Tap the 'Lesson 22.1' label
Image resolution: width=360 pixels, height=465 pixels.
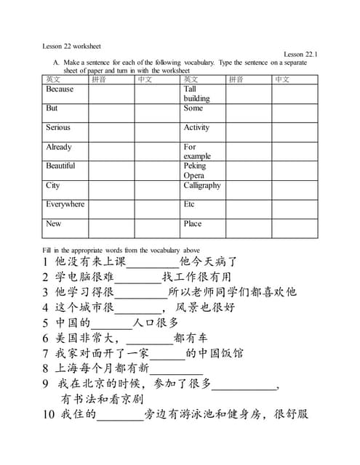pyautogui.click(x=300, y=54)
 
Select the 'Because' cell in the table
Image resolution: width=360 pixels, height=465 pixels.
pyautogui.click(x=60, y=89)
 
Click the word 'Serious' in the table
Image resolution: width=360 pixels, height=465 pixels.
pyautogui.click(x=58, y=127)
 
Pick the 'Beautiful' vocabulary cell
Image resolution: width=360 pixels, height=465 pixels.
pyautogui.click(x=60, y=166)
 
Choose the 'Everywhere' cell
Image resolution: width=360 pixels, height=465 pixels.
pyautogui.click(x=65, y=204)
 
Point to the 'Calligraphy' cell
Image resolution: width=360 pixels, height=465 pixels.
pyautogui.click(x=202, y=185)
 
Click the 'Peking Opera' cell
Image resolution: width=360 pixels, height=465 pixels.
pyautogui.click(x=195, y=170)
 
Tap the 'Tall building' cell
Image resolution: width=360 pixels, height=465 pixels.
pyautogui.click(x=196, y=94)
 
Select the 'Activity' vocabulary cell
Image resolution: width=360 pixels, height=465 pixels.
pyautogui.click(x=196, y=127)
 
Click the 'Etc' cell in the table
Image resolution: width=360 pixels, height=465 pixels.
pyautogui.click(x=190, y=204)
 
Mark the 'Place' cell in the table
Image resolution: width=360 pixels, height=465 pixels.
pyautogui.click(x=193, y=224)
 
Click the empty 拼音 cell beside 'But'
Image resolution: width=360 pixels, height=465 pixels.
pyautogui.click(x=111, y=113)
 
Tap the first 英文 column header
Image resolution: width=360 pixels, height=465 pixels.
pyautogui.click(x=53, y=79)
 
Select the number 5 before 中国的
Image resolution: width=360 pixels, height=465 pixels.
pyautogui.click(x=45, y=323)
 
